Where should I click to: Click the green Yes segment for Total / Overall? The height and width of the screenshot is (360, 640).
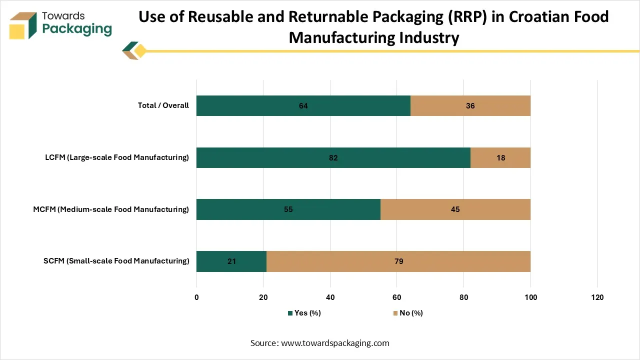303,105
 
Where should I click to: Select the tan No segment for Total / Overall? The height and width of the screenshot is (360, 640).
470,105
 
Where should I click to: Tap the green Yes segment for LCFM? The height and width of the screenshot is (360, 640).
333,157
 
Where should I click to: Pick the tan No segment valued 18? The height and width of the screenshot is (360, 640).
500,157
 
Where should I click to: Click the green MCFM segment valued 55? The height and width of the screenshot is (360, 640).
288,209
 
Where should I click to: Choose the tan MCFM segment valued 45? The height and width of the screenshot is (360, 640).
455,209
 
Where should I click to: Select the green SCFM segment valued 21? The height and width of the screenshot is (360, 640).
231,261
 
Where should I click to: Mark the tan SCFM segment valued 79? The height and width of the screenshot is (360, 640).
398,261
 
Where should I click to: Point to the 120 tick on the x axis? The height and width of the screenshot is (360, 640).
597,297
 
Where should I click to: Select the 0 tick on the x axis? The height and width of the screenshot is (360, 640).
196,297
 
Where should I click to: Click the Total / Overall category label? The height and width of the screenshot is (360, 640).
163,105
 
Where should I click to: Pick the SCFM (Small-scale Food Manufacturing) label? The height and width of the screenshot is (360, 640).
116,261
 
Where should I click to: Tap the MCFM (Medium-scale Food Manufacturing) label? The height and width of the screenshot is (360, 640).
111,209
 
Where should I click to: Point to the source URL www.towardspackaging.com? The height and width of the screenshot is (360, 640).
335,343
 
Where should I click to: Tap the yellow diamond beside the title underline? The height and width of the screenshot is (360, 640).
140,51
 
